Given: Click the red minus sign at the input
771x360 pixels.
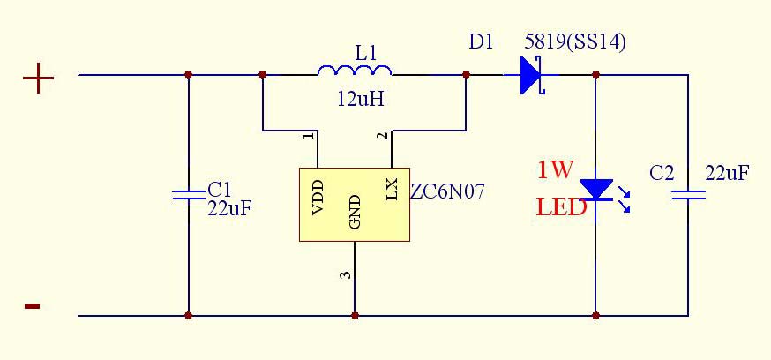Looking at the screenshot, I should (32, 306).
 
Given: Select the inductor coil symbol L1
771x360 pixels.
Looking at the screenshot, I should (355, 71).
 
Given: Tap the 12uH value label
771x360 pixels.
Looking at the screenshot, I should (360, 99).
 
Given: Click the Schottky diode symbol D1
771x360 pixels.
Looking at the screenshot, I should (531, 75).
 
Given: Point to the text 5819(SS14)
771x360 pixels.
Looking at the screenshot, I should (575, 42).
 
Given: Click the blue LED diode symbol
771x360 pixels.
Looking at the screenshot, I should (596, 190).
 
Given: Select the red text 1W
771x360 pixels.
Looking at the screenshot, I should (556, 169).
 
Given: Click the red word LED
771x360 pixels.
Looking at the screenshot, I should (562, 208).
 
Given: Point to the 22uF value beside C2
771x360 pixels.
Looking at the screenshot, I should (727, 173).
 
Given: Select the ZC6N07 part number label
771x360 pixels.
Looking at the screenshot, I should (448, 191).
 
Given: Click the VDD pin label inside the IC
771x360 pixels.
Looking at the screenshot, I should (318, 199).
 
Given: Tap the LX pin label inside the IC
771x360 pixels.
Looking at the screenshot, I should (393, 188).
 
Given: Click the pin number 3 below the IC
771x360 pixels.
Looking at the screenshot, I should (347, 274).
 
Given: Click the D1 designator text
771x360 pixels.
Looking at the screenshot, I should (481, 42).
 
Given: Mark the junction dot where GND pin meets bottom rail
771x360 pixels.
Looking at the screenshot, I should (355, 315).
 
